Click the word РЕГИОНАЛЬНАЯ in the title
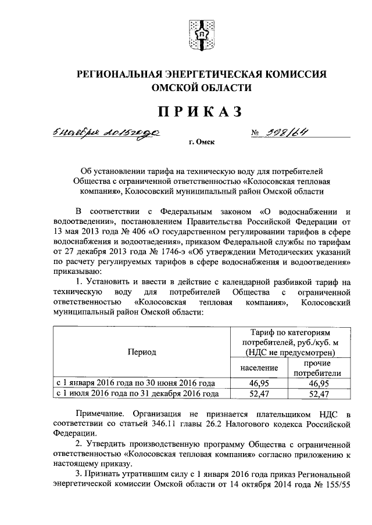[x=117, y=74]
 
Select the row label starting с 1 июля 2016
[x=137, y=393]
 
